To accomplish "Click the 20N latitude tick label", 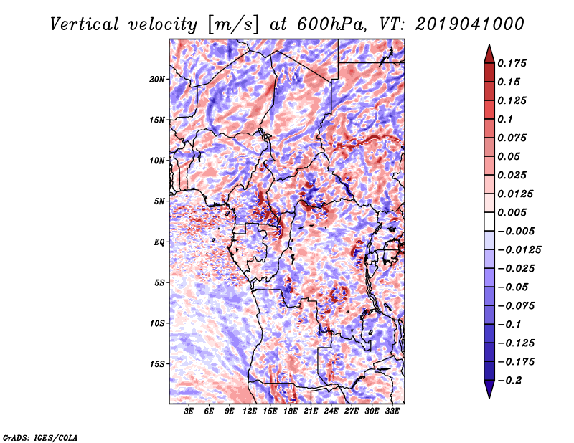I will pyautogui.click(x=158, y=79).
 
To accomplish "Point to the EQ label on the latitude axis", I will pyautogui.click(x=159, y=242).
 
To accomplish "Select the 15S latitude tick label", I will pyautogui.click(x=158, y=364).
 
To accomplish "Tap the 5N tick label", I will pyautogui.click(x=160, y=201).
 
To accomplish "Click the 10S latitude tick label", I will pyautogui.click(x=158, y=323).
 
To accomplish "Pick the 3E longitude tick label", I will pyautogui.click(x=189, y=411).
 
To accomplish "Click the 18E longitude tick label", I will pyautogui.click(x=291, y=411).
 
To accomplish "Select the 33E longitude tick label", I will pyautogui.click(x=392, y=411).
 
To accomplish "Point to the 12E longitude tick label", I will pyautogui.click(x=250, y=411).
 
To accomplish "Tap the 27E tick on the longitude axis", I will pyautogui.click(x=352, y=411).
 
